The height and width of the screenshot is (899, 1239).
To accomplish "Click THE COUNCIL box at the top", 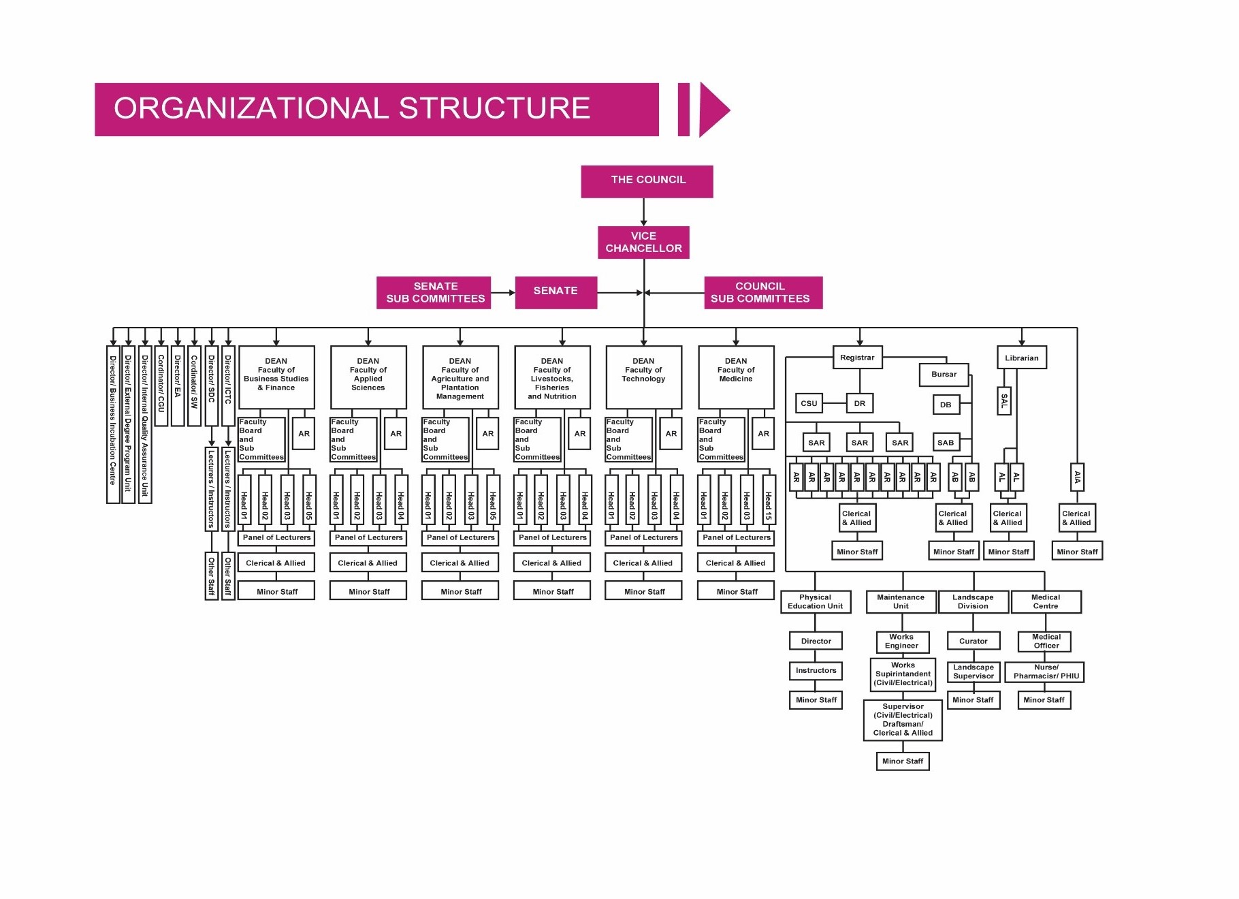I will click(647, 181).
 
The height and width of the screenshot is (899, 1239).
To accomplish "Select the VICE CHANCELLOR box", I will click(643, 242).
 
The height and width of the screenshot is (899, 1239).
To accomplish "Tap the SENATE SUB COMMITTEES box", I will click(434, 293).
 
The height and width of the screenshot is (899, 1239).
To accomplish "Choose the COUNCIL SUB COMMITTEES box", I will click(762, 293).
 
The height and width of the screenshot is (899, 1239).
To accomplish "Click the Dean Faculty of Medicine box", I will click(736, 377).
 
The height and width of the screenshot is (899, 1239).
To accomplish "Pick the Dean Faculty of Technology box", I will click(643, 377).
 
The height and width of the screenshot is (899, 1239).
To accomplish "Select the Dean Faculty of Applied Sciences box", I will click(368, 377).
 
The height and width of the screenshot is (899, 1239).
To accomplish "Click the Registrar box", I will click(857, 358).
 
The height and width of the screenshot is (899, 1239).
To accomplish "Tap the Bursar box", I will click(944, 375).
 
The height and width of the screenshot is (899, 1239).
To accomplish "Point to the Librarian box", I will click(1021, 358).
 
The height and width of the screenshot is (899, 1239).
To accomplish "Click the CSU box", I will click(809, 403).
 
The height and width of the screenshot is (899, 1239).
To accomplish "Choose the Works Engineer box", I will click(901, 642).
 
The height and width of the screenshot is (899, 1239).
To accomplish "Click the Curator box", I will click(973, 641).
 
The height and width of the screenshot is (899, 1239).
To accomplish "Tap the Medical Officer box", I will click(1046, 642).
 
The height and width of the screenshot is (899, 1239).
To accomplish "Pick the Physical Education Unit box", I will click(815, 602).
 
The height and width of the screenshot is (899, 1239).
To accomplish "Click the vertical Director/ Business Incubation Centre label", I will click(113, 424).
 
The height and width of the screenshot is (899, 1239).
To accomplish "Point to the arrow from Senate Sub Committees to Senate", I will click(503, 293).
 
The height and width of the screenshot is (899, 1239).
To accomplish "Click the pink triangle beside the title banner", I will click(713, 110).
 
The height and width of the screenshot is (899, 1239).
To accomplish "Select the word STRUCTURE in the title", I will click(494, 109).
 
